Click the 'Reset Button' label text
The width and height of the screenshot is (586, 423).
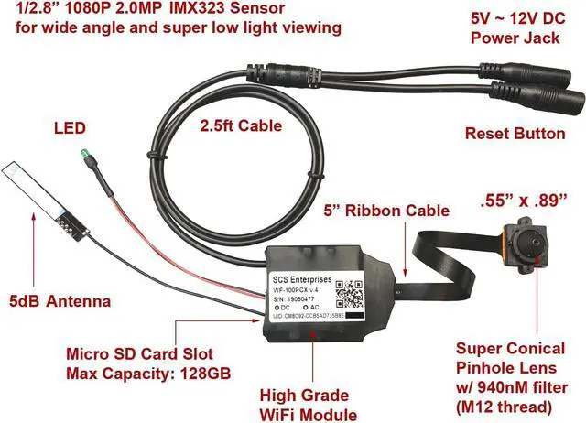coord(515,134)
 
